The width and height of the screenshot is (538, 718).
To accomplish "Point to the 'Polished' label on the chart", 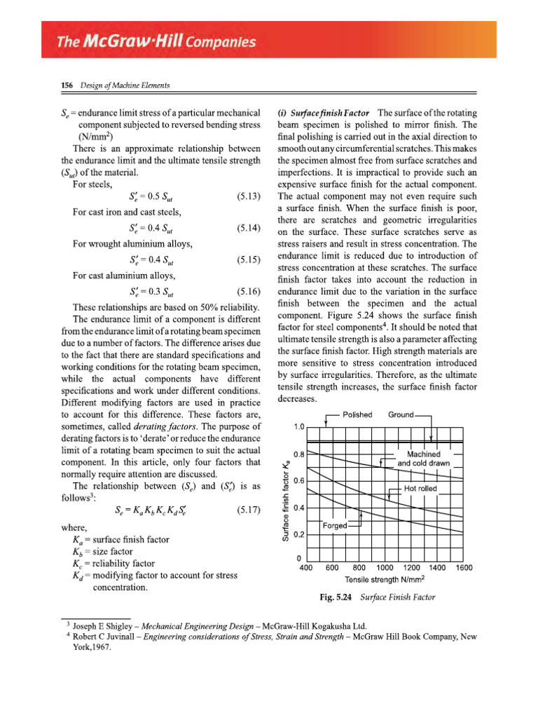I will click(357, 415).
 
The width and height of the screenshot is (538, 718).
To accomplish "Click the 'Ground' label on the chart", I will click(401, 415).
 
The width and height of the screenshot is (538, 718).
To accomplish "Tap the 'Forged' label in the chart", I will click(336, 525).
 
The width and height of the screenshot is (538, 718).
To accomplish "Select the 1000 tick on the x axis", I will click(384, 568).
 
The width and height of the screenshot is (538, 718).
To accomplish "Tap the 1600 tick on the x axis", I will click(463, 568).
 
